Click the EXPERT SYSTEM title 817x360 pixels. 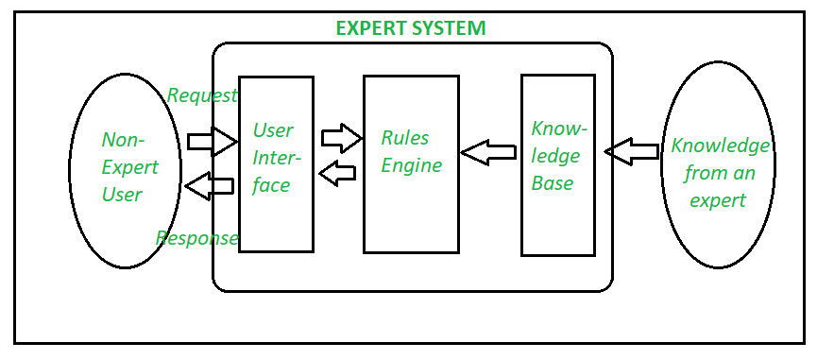[411, 28]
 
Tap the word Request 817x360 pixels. [201, 95]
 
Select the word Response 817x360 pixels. [196, 238]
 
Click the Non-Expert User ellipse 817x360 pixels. [125, 170]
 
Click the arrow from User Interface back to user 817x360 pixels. [210, 187]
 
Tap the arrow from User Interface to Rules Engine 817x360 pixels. [341, 139]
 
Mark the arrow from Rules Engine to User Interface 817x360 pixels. [338, 172]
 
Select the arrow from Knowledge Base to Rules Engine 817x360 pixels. [488, 151]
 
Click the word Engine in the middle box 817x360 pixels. [411, 166]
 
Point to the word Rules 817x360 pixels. [404, 138]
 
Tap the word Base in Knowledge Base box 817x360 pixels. [553, 183]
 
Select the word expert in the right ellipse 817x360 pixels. [717, 200]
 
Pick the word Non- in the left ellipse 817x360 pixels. [123, 140]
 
